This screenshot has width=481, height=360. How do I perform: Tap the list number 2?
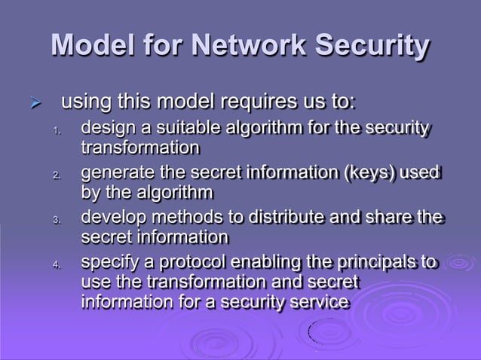coord(55,175)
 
